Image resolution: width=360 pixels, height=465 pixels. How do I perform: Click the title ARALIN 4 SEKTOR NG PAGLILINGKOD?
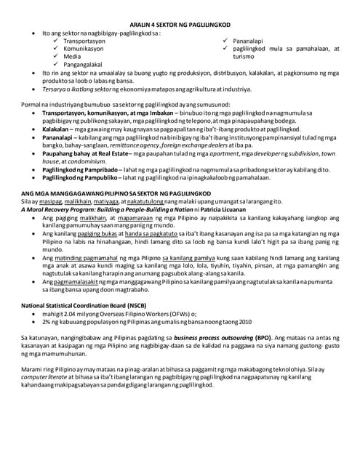(180, 25)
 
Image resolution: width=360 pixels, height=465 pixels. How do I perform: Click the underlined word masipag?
(47, 199)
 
